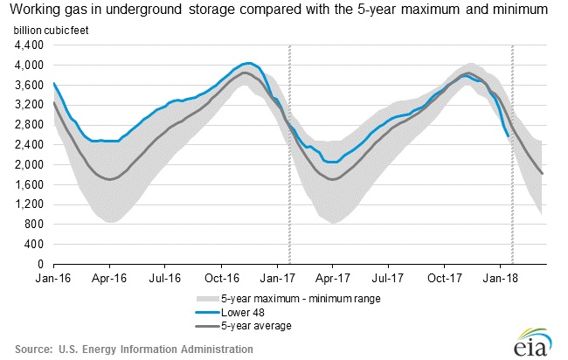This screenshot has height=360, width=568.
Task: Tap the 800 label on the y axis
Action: [x=38, y=225]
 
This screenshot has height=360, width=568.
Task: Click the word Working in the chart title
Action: [x=38, y=10]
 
